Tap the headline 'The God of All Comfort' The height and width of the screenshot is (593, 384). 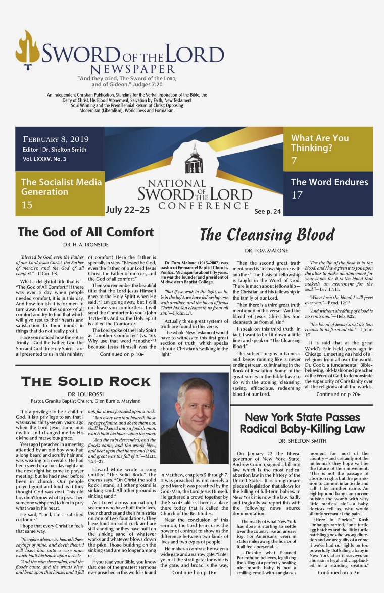point(85,232)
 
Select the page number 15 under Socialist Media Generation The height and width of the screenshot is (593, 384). point(27,205)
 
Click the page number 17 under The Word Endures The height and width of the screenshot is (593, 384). point(297,194)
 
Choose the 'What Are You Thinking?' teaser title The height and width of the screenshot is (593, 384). point(319,143)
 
